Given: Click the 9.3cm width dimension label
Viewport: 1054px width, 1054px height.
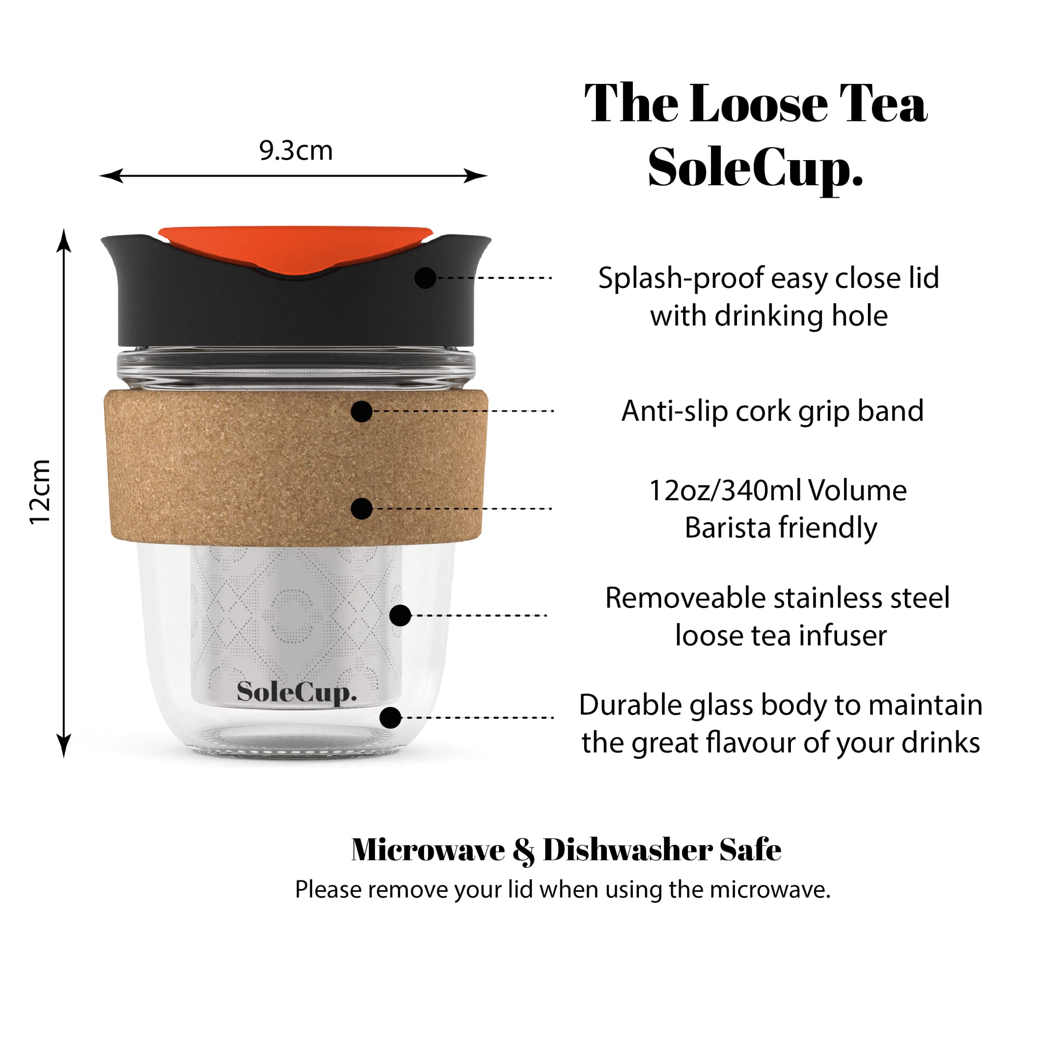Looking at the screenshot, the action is pos(296,151).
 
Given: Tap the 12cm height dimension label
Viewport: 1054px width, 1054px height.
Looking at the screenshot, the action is pos(40,492).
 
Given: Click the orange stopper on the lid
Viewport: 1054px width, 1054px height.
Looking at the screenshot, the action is pos(295,249).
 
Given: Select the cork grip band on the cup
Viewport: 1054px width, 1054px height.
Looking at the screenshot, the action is pos(295,468).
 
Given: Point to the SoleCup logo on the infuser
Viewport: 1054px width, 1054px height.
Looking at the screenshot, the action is pos(297,693).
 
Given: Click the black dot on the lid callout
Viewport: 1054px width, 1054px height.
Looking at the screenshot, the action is pos(425,277).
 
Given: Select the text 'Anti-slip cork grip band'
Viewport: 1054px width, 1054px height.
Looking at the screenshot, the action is pos(772,411).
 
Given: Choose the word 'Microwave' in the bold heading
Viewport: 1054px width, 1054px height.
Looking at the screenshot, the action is pos(428,850).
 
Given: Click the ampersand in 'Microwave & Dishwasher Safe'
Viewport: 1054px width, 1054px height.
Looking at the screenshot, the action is pos(524,851).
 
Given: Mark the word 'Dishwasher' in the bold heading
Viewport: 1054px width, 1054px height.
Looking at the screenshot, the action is pos(627,850).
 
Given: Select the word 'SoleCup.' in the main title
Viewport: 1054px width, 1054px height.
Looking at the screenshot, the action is pos(756,168).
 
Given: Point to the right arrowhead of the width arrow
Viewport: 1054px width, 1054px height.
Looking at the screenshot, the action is pos(476,176).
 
